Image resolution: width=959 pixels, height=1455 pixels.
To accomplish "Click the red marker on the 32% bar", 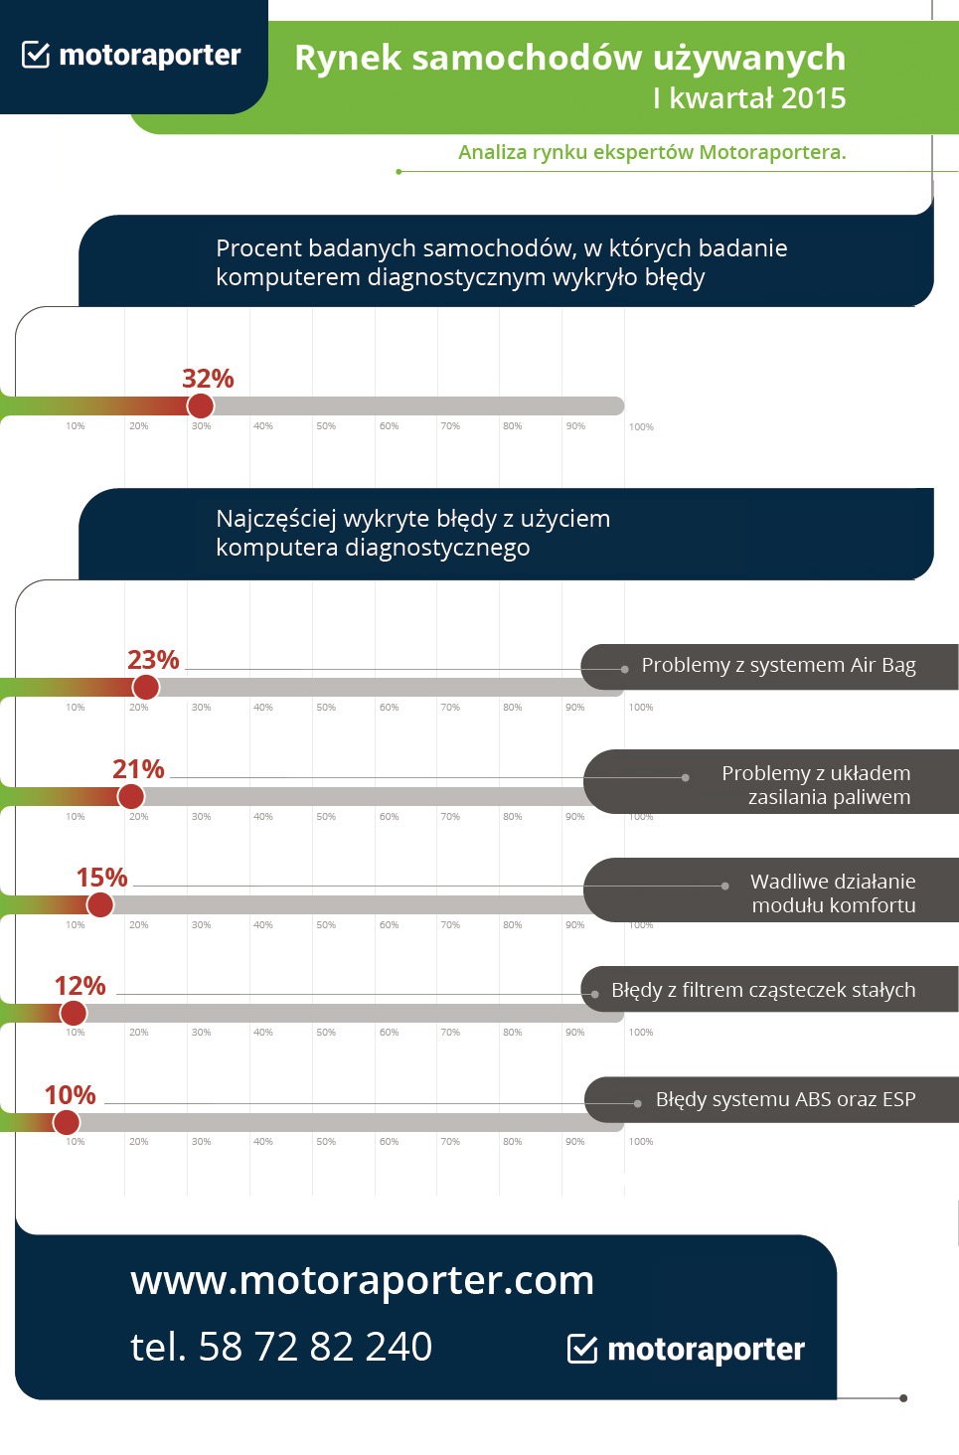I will (x=201, y=405).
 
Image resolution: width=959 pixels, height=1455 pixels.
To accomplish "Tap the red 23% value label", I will (x=153, y=660).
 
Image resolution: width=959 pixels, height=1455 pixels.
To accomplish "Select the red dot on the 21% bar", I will (x=130, y=796).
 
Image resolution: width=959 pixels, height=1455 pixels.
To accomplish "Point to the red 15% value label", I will (x=101, y=878).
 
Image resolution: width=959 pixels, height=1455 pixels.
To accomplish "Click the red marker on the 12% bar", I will (x=73, y=1013).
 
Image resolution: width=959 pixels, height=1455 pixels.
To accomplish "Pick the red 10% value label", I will (x=70, y=1095).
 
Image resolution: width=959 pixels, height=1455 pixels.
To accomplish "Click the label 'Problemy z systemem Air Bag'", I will (x=778, y=665).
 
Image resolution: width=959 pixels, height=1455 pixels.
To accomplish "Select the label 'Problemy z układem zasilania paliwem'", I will (x=816, y=785).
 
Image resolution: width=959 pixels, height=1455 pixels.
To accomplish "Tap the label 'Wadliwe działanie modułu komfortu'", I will (x=833, y=892).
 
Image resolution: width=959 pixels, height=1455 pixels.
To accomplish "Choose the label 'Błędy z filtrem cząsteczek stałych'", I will (x=763, y=990).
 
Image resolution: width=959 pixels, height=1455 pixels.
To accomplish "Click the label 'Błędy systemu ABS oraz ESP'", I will (x=785, y=1099).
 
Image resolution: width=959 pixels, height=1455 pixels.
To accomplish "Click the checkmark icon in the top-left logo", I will (x=36, y=55).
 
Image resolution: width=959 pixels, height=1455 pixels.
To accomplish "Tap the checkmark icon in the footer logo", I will (x=581, y=1349).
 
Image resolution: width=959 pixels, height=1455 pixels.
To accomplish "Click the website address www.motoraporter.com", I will (x=362, y=1280).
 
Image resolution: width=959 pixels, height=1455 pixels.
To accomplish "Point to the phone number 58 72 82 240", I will (x=315, y=1347).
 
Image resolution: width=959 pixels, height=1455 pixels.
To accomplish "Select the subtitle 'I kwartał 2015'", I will (x=749, y=98).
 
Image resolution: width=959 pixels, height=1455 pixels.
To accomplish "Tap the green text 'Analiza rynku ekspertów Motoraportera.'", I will (x=652, y=152).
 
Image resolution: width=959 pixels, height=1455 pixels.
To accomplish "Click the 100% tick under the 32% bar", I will (x=641, y=427).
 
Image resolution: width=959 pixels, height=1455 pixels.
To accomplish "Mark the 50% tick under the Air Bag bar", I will (x=326, y=708).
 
